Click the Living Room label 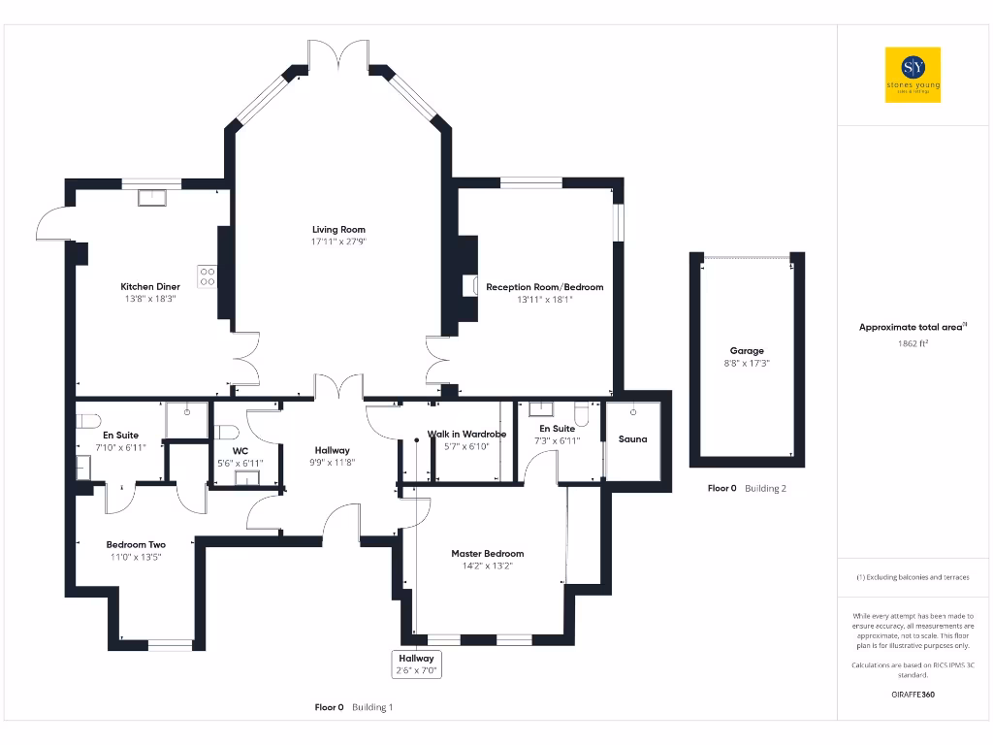point(338,230)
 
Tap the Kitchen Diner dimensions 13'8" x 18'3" point(149,300)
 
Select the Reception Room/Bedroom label point(544,287)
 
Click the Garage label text point(747,351)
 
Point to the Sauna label point(632,438)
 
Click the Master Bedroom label point(487,554)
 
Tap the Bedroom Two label point(136,545)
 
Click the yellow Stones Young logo point(913,75)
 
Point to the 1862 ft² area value point(912,343)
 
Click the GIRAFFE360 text point(912,695)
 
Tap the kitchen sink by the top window point(151,198)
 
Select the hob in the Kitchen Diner point(208,276)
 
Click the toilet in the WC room point(226,433)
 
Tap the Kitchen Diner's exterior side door point(51,224)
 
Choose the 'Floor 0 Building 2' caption point(747,489)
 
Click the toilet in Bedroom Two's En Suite point(89,422)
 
